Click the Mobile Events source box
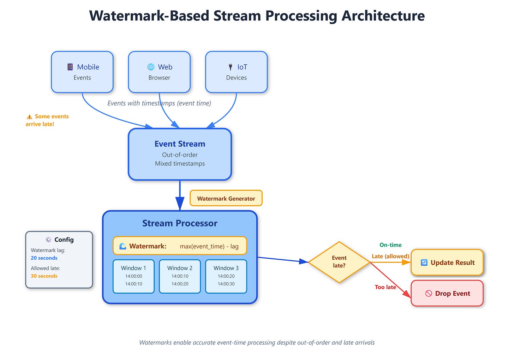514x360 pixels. click(82, 72)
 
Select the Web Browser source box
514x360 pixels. click(159, 72)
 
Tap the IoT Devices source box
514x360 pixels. click(236, 72)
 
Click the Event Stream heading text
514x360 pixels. click(180, 144)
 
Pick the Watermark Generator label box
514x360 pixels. click(226, 199)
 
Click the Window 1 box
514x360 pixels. click(133, 276)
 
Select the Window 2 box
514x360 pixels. click(180, 276)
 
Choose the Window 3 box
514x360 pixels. click(226, 276)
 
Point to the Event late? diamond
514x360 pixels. click(339, 262)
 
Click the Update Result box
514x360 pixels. click(447, 262)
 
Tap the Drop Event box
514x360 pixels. click(447, 293)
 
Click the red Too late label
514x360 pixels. click(385, 287)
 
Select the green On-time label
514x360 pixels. click(390, 245)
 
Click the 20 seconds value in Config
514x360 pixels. click(44, 258)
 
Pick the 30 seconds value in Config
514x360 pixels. click(44, 276)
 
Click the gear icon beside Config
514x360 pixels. click(48, 240)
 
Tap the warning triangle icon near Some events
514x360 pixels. click(29, 117)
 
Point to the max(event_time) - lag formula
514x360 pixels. click(209, 246)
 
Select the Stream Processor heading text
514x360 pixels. click(180, 223)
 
